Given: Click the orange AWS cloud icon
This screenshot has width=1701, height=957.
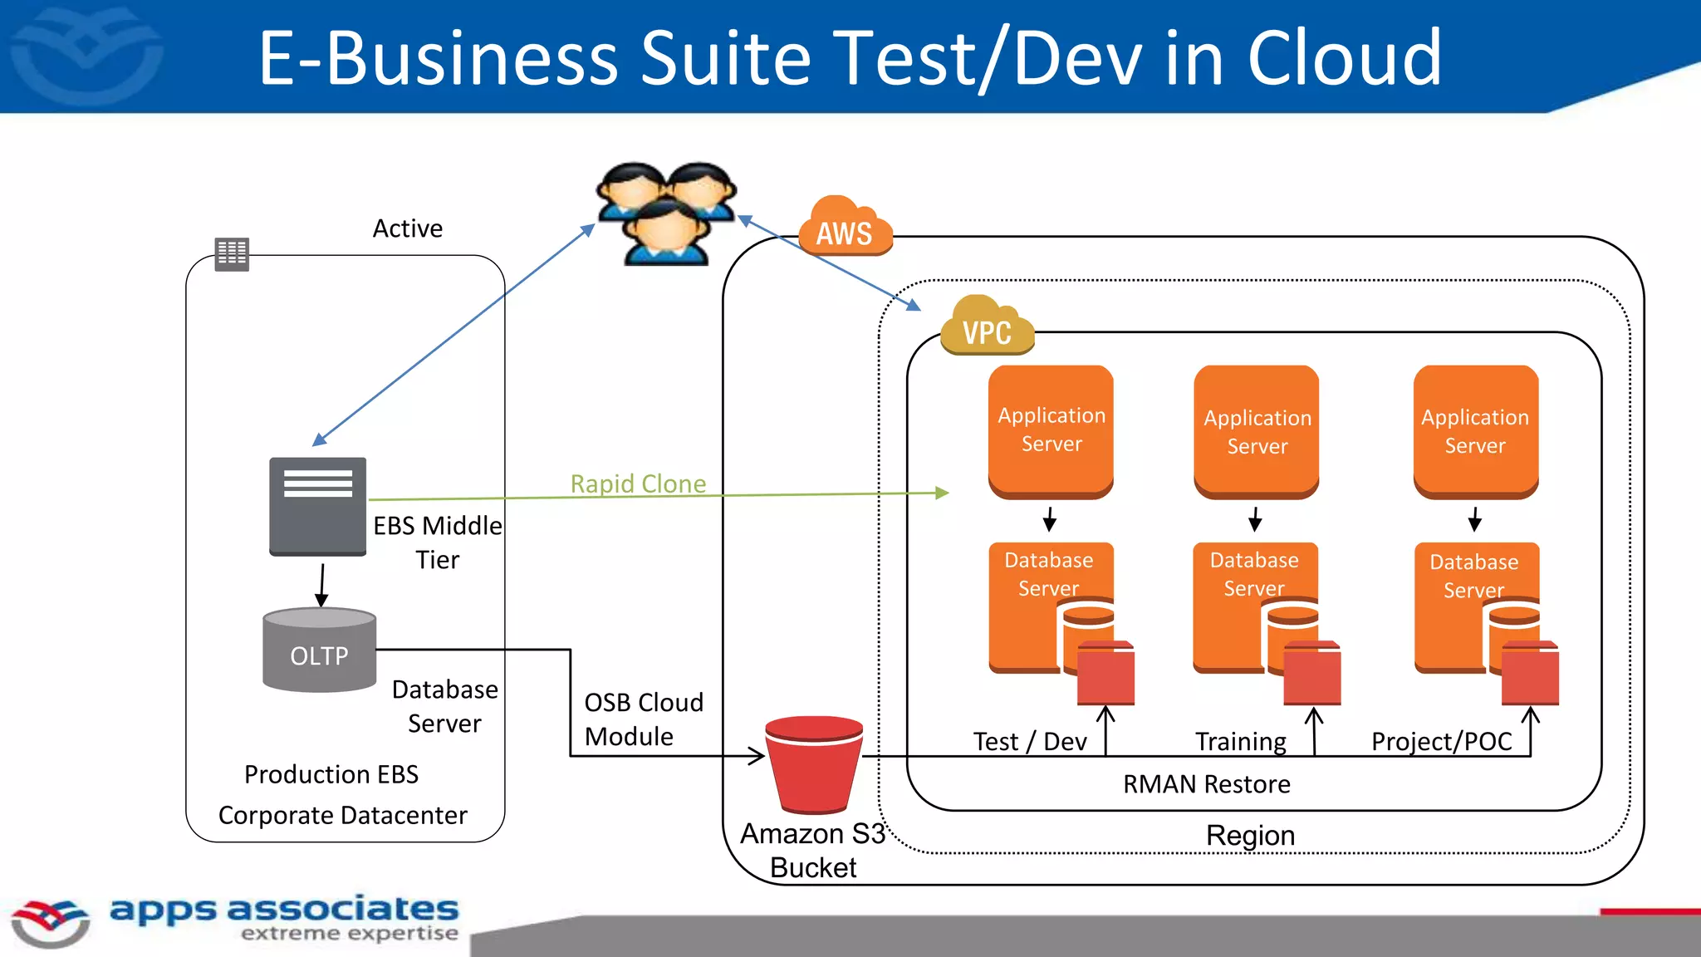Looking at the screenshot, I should (845, 228).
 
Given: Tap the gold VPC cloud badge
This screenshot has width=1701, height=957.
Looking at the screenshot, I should (987, 327).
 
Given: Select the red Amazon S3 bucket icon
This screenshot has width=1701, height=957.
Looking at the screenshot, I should (813, 764).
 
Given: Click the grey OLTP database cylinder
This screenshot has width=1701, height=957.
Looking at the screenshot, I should (320, 650).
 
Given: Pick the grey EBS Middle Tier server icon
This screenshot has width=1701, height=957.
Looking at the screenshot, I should (317, 506).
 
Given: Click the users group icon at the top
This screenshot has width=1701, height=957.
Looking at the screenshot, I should (667, 213).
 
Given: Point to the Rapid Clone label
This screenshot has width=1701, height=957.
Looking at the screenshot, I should (638, 483).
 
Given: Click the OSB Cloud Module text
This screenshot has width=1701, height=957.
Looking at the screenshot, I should (643, 719).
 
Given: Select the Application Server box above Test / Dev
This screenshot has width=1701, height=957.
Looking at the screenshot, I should (1051, 430).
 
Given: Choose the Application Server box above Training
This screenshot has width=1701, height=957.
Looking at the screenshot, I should (1257, 432).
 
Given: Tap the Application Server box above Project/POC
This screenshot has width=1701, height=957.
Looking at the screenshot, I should (1475, 431).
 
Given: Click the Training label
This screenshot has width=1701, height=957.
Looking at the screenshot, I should (1240, 741).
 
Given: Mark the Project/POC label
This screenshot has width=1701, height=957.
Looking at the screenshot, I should (1441, 741).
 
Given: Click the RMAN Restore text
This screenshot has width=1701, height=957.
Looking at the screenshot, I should (1206, 784).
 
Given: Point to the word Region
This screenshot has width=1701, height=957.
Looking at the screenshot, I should (1250, 835).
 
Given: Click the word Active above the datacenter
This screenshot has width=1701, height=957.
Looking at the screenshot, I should (407, 228).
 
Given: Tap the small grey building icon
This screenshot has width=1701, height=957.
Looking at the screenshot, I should (232, 253).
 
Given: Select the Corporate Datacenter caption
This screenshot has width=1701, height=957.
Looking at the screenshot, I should (342, 815).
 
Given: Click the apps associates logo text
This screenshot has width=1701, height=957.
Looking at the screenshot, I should (284, 910).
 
